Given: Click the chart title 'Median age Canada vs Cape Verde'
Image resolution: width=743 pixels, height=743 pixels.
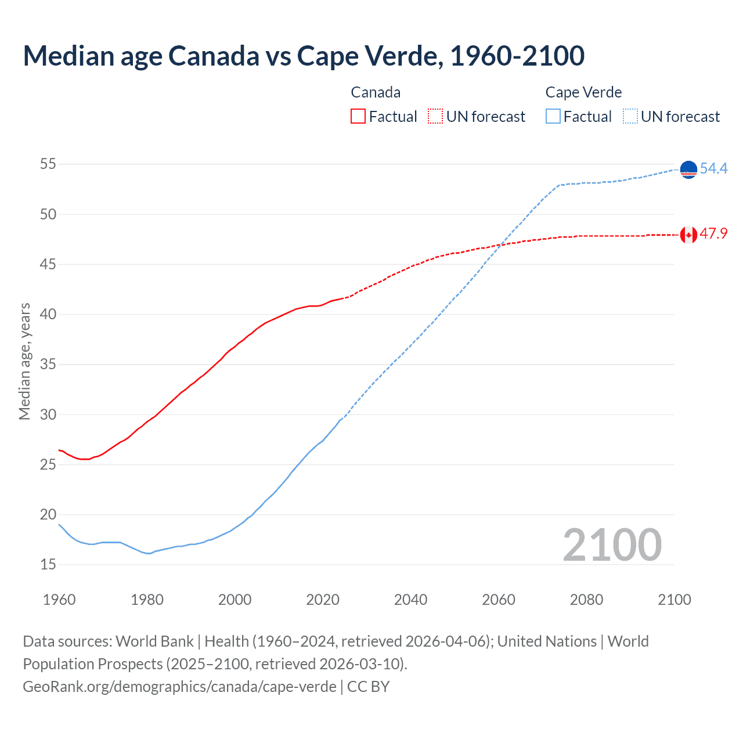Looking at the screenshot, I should coord(304,56).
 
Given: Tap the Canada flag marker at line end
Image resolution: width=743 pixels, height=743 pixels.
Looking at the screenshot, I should coord(688,235).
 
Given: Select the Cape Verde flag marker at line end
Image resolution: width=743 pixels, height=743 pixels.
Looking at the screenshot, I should coord(688,169).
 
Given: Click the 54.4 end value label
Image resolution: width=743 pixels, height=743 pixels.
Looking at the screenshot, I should coord(713,168).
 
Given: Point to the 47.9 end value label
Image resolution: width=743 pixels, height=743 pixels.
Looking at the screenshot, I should coord(713,234).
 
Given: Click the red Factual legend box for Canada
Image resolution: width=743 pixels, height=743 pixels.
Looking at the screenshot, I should coord(358,117).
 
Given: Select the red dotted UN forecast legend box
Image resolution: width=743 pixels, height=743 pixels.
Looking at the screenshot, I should coord(435,117).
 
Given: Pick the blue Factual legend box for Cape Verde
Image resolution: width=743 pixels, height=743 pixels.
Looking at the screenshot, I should coord(553,117).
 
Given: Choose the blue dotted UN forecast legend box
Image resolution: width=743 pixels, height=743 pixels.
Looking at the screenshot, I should coord(630,117).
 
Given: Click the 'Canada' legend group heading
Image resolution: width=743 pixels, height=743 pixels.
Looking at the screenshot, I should coord(376,92).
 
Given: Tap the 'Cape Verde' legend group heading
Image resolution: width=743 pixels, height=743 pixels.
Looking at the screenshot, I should coord(583,92).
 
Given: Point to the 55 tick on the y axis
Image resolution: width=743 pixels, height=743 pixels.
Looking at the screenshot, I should coord(48,164).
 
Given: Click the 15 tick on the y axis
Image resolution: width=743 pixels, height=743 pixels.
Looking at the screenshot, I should coord(48,564).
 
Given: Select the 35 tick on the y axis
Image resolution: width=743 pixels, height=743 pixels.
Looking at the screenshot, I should coord(48,365).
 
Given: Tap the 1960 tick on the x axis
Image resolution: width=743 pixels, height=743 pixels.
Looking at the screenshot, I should coord(59,600).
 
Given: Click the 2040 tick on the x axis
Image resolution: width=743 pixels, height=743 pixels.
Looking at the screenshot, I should coord(410,600).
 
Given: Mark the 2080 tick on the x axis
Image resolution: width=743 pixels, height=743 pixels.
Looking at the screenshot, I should coord(586,600).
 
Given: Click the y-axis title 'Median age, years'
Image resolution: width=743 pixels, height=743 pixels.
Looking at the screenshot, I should coord(24,361).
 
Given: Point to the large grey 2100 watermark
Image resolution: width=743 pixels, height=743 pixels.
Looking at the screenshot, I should coord(612,544).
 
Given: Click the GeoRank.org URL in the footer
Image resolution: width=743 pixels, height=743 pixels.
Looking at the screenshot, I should coord(179,686).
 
